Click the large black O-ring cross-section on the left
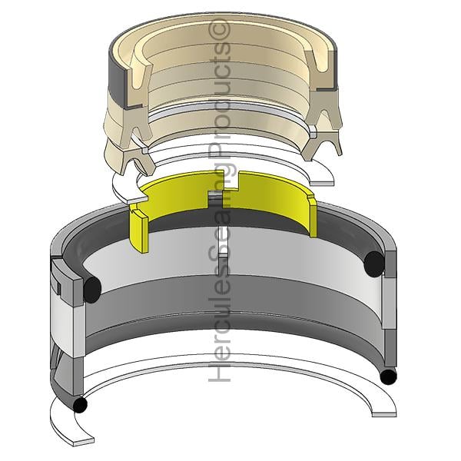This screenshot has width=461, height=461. pyautogui.click(x=92, y=290)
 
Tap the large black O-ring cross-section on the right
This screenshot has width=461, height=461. pyautogui.click(x=374, y=264)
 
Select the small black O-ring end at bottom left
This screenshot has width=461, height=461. pyautogui.click(x=80, y=405)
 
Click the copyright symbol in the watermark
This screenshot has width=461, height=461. pyautogui.click(x=219, y=29)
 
